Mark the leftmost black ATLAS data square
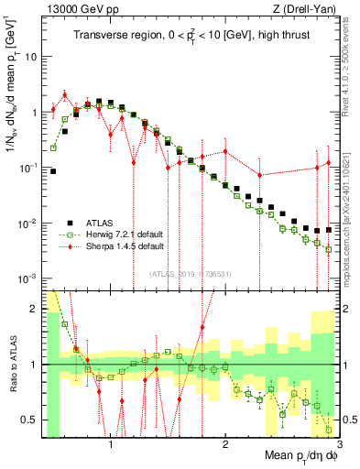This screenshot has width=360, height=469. [53, 171]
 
